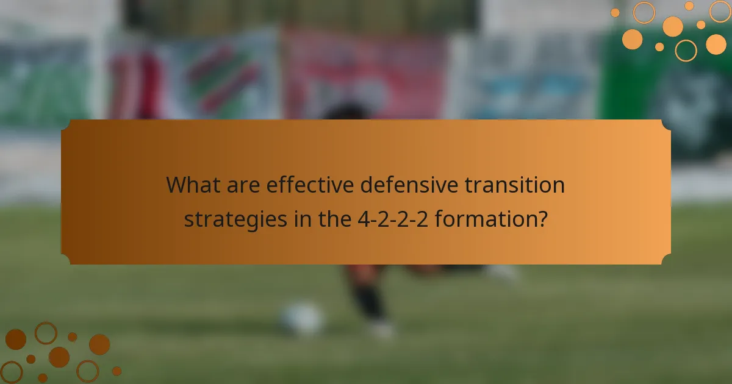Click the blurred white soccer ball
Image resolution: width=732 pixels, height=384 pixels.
click(x=302, y=318)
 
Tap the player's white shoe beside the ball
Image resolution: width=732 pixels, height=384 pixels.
click(x=382, y=329)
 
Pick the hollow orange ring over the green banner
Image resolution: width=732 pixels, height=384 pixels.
click(x=686, y=50)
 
